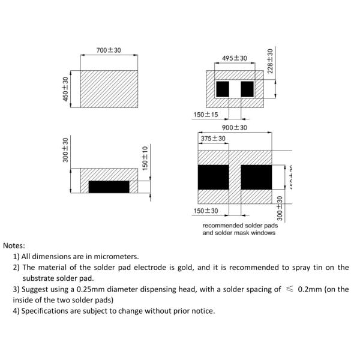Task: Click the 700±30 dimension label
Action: pyautogui.click(x=109, y=50)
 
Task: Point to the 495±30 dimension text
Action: pyautogui.click(x=235, y=58)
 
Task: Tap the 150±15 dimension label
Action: pyautogui.click(x=206, y=115)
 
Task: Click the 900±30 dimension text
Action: pyautogui.click(x=235, y=128)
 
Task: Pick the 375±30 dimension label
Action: pyautogui.click(x=213, y=139)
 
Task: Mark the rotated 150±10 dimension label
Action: pyautogui.click(x=145, y=158)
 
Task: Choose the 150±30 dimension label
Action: pyautogui.click(x=206, y=211)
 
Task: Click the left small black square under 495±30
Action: pyautogui.click(x=223, y=89)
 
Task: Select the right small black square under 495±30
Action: pyautogui.click(x=247, y=89)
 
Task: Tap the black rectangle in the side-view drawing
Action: pyautogui.click(x=109, y=187)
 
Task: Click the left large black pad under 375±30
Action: pyautogui.click(x=213, y=177)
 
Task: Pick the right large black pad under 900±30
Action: pyautogui.click(x=256, y=177)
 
